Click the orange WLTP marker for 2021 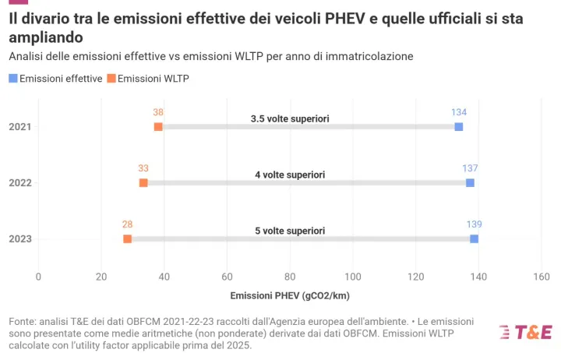point(158,127)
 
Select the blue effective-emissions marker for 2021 point(459,127)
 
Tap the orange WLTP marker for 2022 point(143,183)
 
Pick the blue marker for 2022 point(470,183)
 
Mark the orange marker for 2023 point(127,239)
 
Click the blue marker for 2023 point(475,239)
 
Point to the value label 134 point(459,112)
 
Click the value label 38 point(158,112)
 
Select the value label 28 point(127,224)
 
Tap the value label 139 point(475,224)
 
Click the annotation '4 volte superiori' point(290,175)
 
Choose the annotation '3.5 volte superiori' point(290,118)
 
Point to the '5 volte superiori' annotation point(290,231)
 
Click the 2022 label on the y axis point(19,183)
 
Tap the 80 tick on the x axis point(290,277)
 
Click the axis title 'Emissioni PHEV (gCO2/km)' point(289,296)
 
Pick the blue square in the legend point(12,79)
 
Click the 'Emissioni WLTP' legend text point(153,79)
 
